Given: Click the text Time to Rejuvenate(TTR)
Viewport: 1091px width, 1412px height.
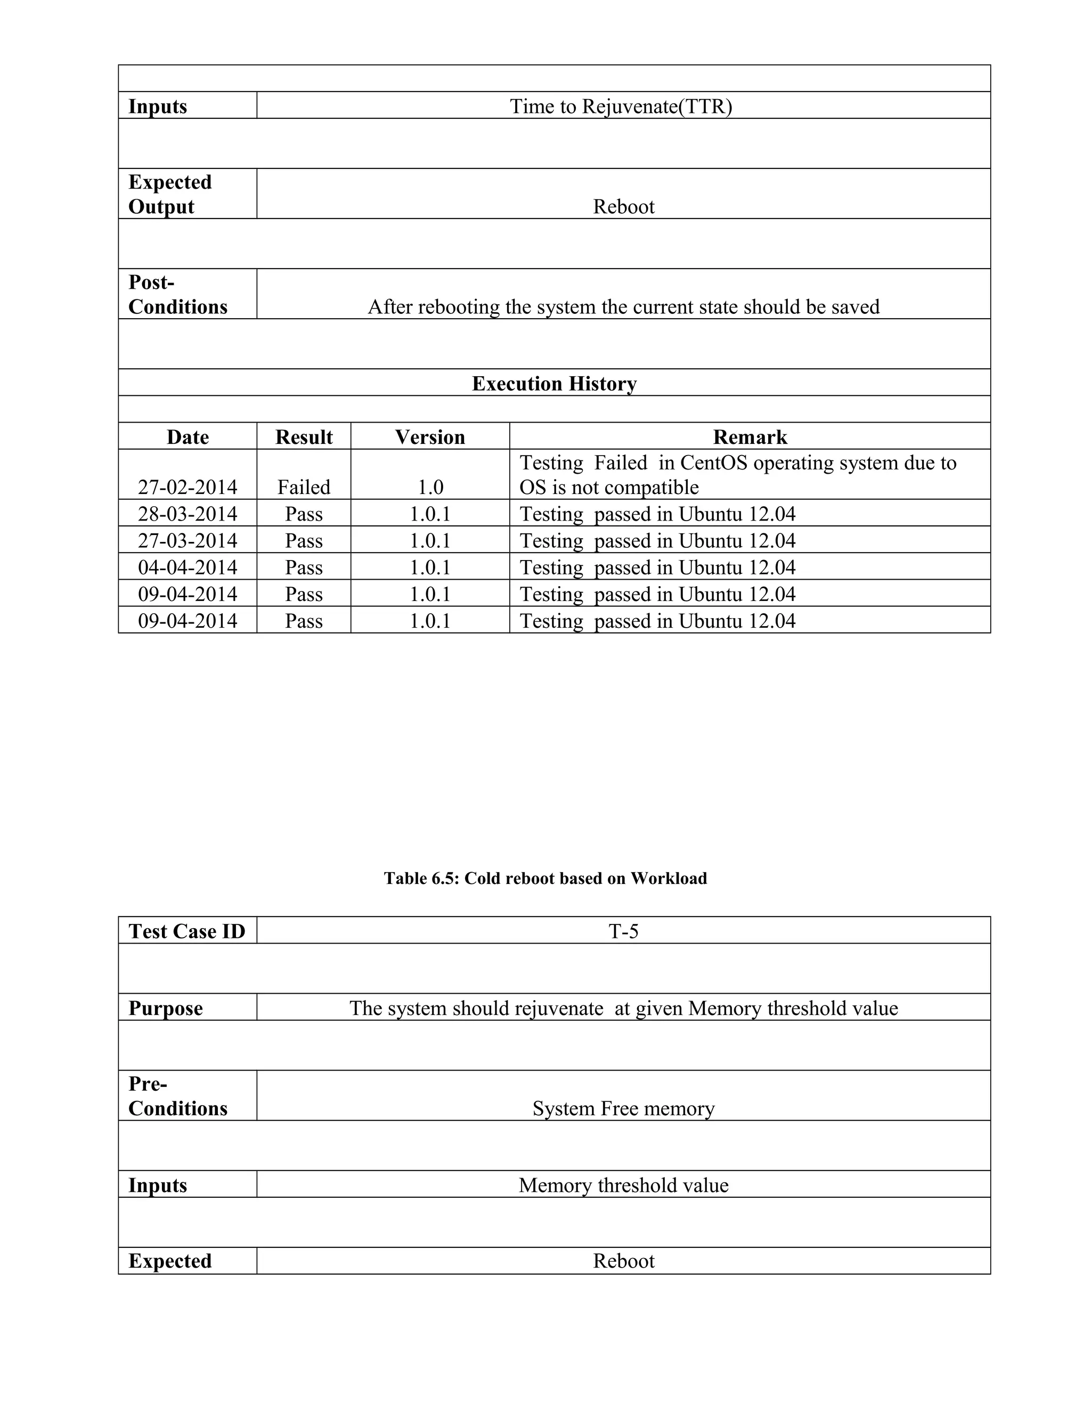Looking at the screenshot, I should point(621,106).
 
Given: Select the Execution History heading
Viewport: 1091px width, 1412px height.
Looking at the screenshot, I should point(554,384).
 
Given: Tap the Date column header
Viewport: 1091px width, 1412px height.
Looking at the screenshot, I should point(188,437).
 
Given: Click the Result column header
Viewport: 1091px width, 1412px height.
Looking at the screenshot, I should point(304,437).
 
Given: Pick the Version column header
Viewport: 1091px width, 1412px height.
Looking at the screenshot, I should point(430,437).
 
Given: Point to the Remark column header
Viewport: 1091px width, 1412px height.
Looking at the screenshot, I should point(750,437).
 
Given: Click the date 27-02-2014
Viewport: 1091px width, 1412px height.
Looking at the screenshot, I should point(188,487).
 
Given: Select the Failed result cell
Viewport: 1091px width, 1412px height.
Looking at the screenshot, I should point(304,487).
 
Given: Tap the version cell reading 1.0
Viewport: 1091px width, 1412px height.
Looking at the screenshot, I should point(430,487).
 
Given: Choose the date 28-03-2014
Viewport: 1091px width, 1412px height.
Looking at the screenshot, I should point(188,514).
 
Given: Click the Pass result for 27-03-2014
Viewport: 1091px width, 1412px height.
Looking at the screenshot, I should point(304,540).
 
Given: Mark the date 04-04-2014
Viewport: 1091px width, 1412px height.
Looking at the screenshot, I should point(188,567).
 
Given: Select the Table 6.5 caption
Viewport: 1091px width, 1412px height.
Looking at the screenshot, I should point(545,878).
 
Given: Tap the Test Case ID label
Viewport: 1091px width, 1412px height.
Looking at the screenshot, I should point(187,931).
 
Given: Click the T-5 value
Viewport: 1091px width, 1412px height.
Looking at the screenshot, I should point(623,931).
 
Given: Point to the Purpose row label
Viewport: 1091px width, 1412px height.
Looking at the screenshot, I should point(166,1008).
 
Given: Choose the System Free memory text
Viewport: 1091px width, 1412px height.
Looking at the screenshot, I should point(623,1108).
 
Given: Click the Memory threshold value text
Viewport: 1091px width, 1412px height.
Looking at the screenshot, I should point(623,1185).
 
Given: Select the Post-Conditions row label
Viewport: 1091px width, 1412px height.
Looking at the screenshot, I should point(178,294).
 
